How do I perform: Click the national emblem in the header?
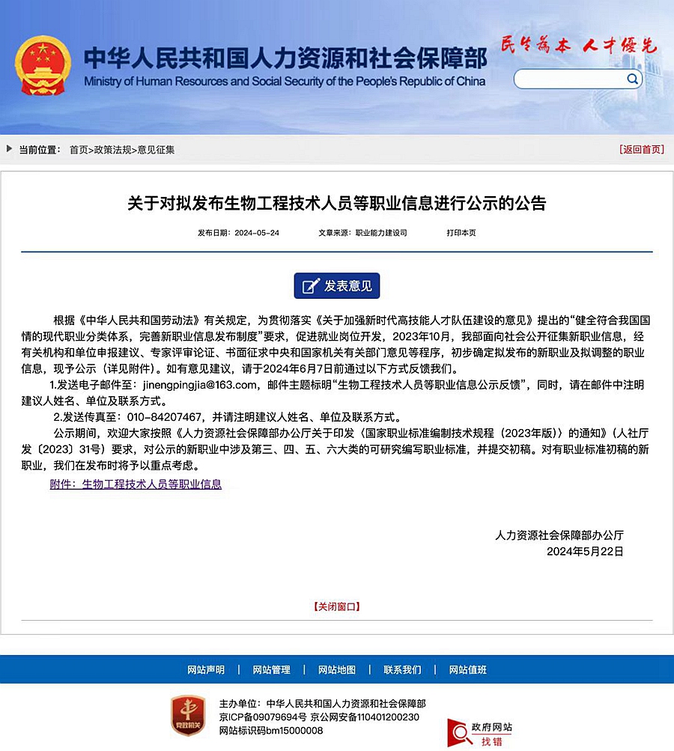pos(43,67)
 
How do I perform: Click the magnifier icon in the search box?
pos(633,79)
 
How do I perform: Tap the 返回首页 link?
pos(642,150)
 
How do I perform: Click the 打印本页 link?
pos(461,233)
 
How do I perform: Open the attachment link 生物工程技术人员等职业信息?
pos(151,484)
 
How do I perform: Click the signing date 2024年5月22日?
pos(585,551)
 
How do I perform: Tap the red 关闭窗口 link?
pos(336,606)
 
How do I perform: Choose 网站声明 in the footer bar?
pos(206,669)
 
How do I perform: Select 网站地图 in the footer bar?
pos(337,669)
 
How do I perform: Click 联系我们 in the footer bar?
pos(402,669)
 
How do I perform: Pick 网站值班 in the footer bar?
pos(468,669)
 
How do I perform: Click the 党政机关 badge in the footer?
pos(188,715)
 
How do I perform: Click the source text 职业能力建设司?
pos(381,233)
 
